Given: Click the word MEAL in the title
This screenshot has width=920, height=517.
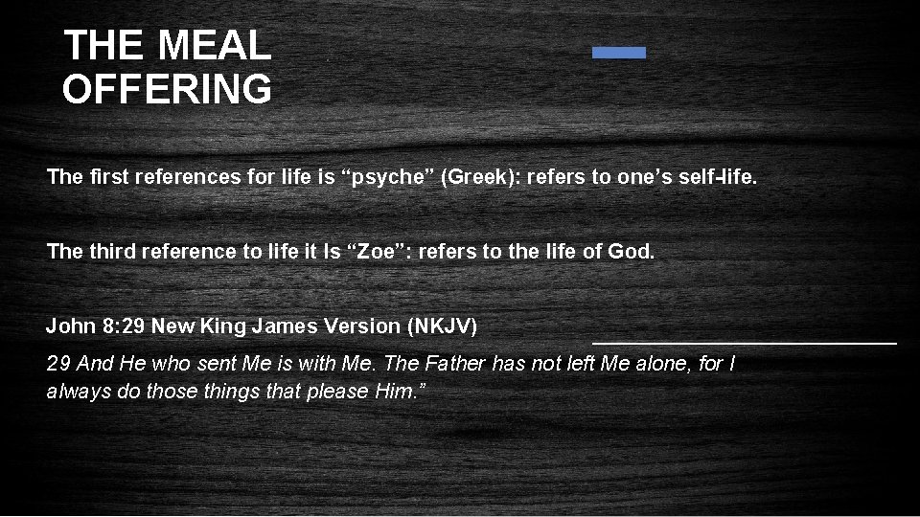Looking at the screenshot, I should point(215,45).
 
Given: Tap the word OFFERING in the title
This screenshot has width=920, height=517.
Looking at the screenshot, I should point(167,89).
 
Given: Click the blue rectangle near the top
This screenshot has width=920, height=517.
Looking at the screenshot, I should point(619,53).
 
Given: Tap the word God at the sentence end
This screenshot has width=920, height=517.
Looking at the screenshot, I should point(632,252).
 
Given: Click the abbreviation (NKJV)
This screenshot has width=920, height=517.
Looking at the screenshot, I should point(442,326).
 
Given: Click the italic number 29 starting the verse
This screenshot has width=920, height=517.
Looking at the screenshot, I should point(57,364).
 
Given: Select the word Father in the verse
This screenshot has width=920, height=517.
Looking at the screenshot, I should point(454,364).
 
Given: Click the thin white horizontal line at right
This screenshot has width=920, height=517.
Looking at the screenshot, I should point(745,342).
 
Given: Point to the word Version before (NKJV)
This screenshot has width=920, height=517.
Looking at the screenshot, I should point(363,326).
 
